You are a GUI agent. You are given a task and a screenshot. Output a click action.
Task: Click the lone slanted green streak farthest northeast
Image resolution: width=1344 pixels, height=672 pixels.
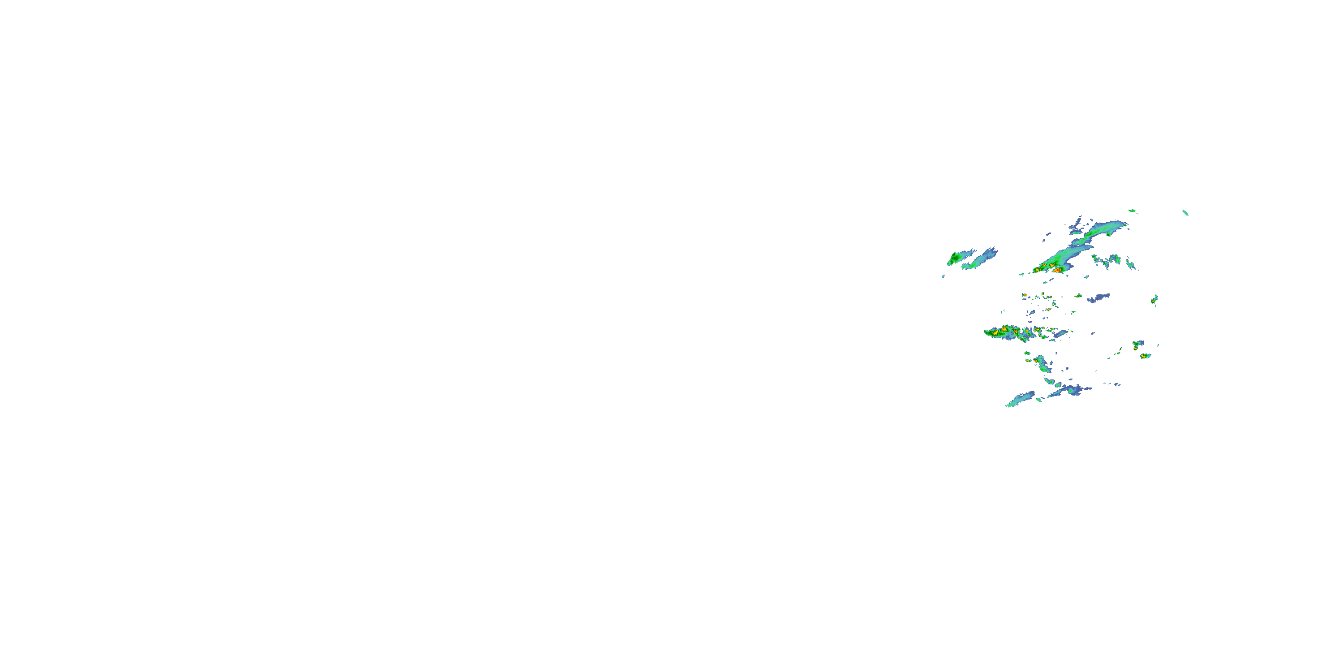point(1185,212)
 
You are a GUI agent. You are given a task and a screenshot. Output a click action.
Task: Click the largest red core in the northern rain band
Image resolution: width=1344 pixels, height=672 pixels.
point(1056,270)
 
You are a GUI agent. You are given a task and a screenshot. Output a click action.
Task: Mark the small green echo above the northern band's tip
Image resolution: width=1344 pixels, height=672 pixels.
point(1132,211)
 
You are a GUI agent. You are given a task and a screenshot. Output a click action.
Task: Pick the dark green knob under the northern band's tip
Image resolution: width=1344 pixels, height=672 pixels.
point(1108,234)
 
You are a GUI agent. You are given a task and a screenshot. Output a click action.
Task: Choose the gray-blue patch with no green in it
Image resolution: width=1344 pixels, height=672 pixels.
point(1099,298)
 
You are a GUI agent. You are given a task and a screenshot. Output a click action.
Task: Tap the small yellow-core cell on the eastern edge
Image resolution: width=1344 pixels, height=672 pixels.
point(1154,300)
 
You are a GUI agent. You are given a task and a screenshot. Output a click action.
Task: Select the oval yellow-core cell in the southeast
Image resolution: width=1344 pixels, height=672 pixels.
point(1145,356)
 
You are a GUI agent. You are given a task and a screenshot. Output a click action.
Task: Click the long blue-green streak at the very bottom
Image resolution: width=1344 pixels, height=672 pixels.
point(1020,399)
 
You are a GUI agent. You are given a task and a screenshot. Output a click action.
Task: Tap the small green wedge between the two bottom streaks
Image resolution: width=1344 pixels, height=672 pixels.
point(1039,400)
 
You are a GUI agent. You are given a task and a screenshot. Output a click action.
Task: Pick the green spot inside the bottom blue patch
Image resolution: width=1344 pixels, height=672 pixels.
point(1071,390)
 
